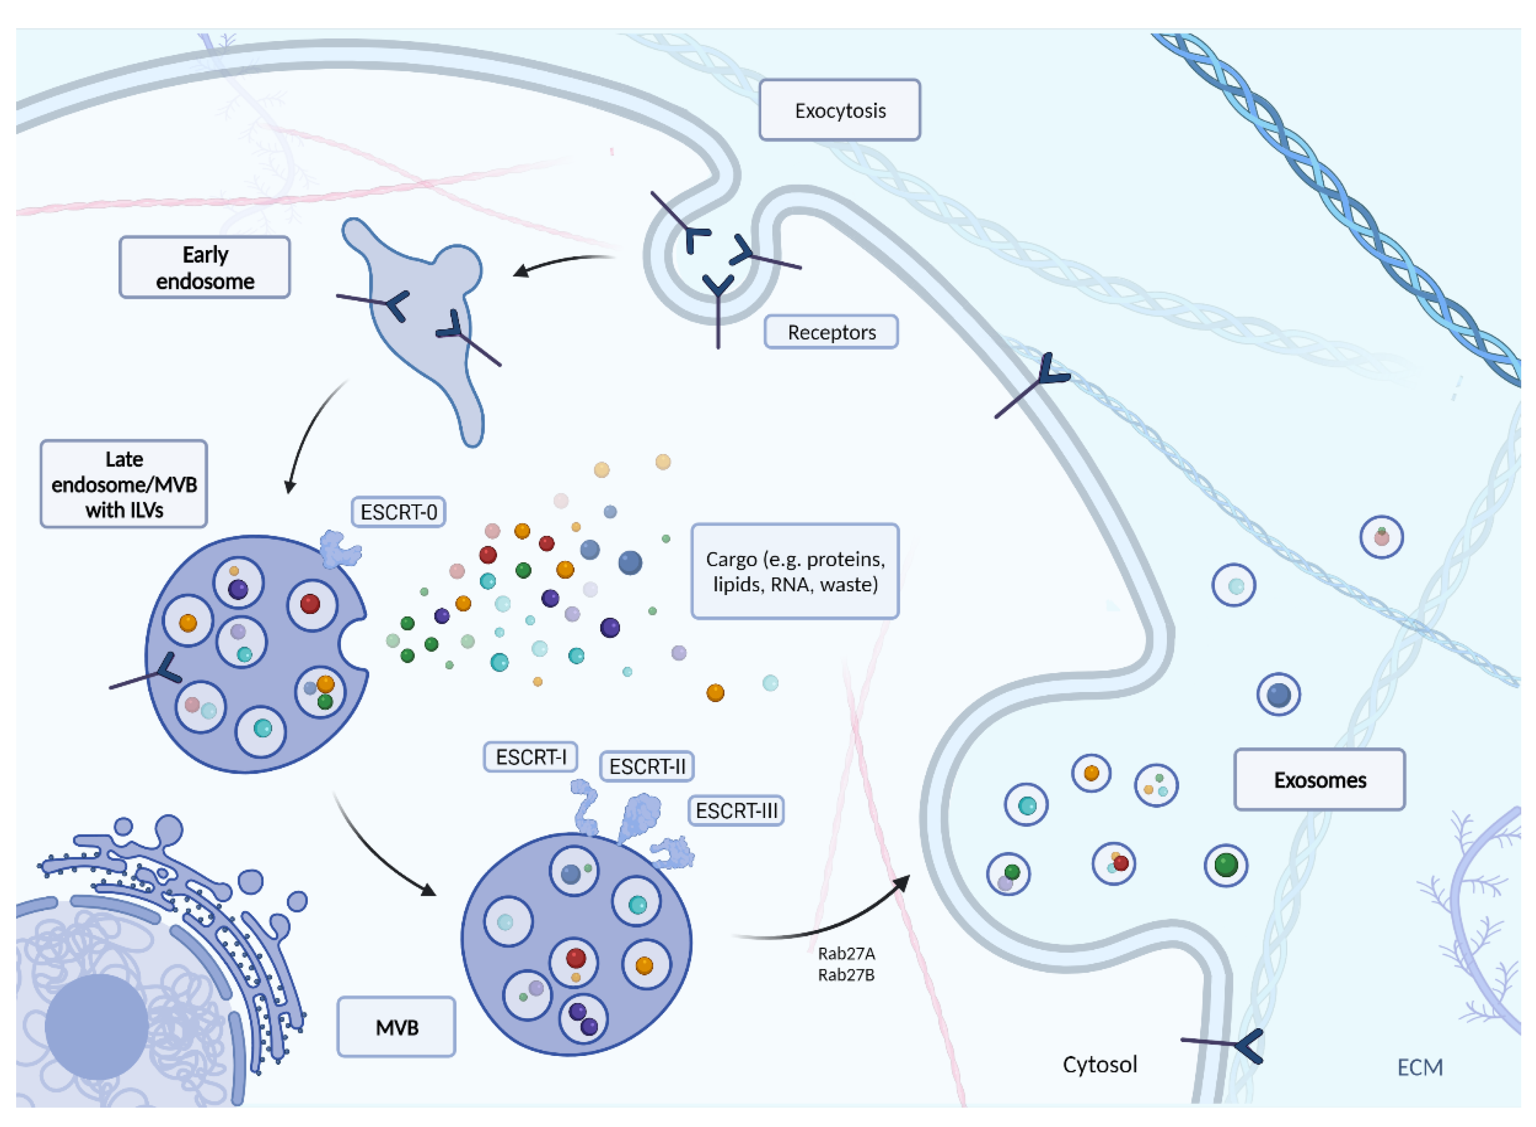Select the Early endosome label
[205, 268]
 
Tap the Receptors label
[831, 332]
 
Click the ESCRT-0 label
[399, 513]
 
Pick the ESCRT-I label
[530, 757]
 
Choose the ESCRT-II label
[646, 767]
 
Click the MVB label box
[396, 1027]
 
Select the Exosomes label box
[1319, 780]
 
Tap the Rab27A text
[846, 953]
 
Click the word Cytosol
[1100, 1064]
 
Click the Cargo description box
[795, 572]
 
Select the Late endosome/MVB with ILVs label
[124, 484]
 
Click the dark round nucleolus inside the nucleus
[96, 1027]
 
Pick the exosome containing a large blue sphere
[1278, 694]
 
